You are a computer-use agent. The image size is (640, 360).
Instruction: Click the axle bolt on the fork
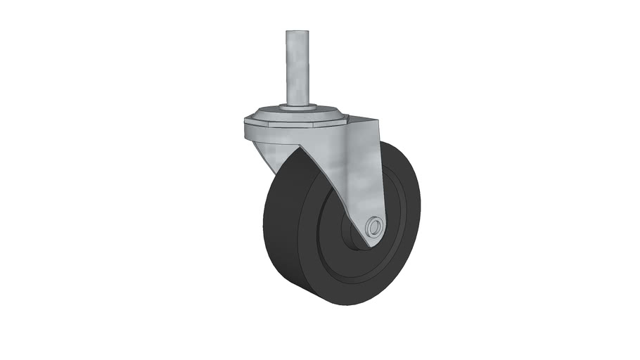pyautogui.click(x=375, y=227)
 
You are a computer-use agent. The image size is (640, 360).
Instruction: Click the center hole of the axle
pyautogui.click(x=376, y=227)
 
